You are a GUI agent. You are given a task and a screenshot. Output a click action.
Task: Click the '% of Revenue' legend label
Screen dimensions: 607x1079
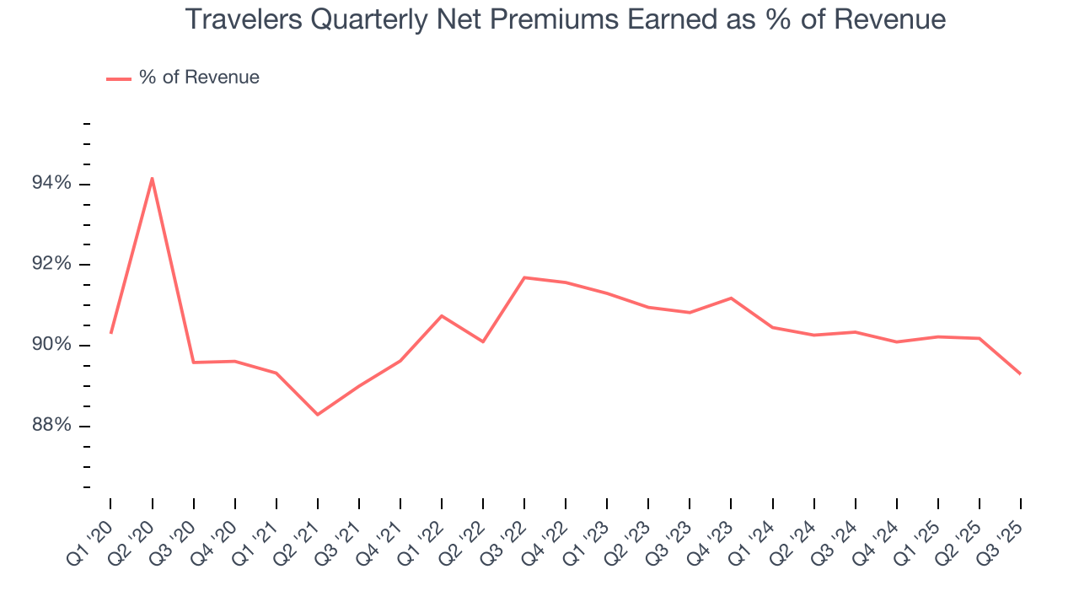pos(199,78)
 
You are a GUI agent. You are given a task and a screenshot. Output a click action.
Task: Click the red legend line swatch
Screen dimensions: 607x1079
pos(119,78)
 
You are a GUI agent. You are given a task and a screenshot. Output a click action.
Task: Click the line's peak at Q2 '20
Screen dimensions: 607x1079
pos(152,178)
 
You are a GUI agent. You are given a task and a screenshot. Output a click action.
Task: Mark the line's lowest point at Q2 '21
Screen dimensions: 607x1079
pos(318,415)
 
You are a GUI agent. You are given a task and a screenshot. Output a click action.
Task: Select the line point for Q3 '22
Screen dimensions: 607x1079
pos(524,277)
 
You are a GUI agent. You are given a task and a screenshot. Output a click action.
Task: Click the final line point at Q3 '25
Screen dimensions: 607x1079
pos(1021,373)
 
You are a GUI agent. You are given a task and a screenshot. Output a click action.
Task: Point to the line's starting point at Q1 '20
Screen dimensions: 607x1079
pos(110,333)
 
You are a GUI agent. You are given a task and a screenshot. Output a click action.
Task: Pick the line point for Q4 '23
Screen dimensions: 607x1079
pos(731,298)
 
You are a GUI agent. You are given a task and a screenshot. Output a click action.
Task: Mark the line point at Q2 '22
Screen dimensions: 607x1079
pos(483,341)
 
